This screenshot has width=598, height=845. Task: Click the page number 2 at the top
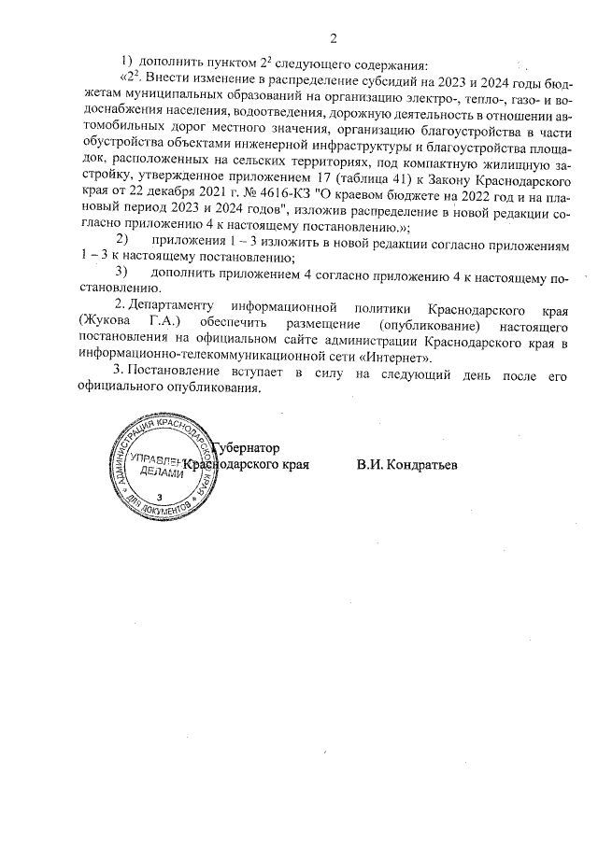[332, 38]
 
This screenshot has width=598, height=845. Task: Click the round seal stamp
[161, 466]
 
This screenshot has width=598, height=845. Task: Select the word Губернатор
[248, 447]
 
